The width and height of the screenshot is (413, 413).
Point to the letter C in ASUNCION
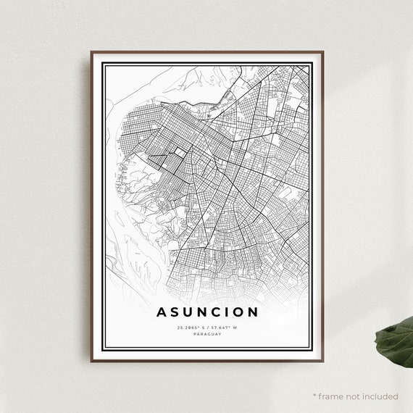[x=218, y=312]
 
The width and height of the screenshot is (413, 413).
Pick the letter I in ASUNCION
[x=229, y=312]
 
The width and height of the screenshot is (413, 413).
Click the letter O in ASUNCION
[x=239, y=312]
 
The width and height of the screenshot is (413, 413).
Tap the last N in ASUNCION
[x=254, y=312]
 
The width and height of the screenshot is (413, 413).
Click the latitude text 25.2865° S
[x=191, y=328]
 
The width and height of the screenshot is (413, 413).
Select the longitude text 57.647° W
[x=223, y=328]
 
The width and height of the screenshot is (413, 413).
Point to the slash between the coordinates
[x=207, y=328]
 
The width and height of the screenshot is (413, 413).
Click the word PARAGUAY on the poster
[x=206, y=335]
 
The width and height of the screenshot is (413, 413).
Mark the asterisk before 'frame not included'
[x=315, y=396]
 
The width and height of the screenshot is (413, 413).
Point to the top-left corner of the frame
[x=91, y=52]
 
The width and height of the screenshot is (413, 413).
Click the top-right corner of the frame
[x=322, y=52]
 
